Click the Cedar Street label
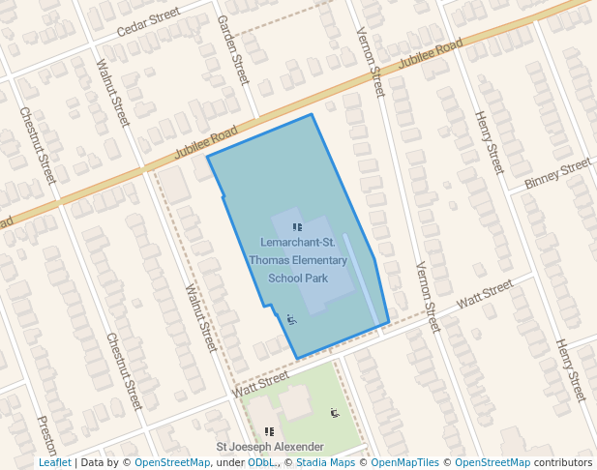[148, 24]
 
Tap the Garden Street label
[234, 48]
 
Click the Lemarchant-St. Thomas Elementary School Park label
[297, 260]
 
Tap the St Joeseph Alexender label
[269, 447]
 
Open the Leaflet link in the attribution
[54, 462]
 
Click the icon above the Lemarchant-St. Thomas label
[296, 227]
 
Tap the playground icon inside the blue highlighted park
[292, 318]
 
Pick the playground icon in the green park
[335, 413]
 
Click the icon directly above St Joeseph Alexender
[269, 431]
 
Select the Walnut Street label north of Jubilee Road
[113, 93]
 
